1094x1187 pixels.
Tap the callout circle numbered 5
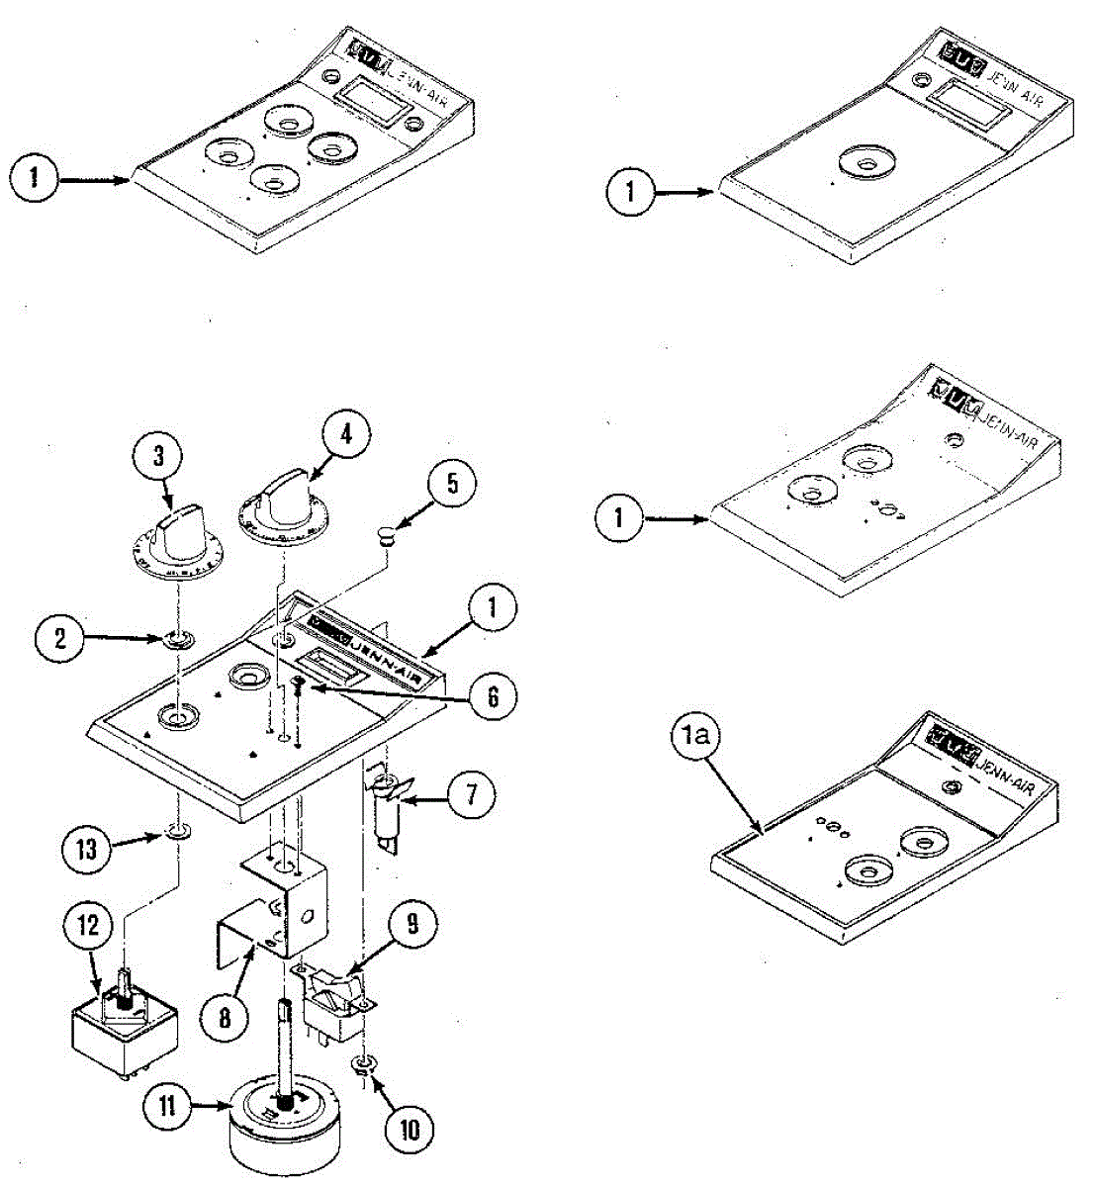click(x=452, y=484)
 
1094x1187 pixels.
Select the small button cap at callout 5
click(x=386, y=537)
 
